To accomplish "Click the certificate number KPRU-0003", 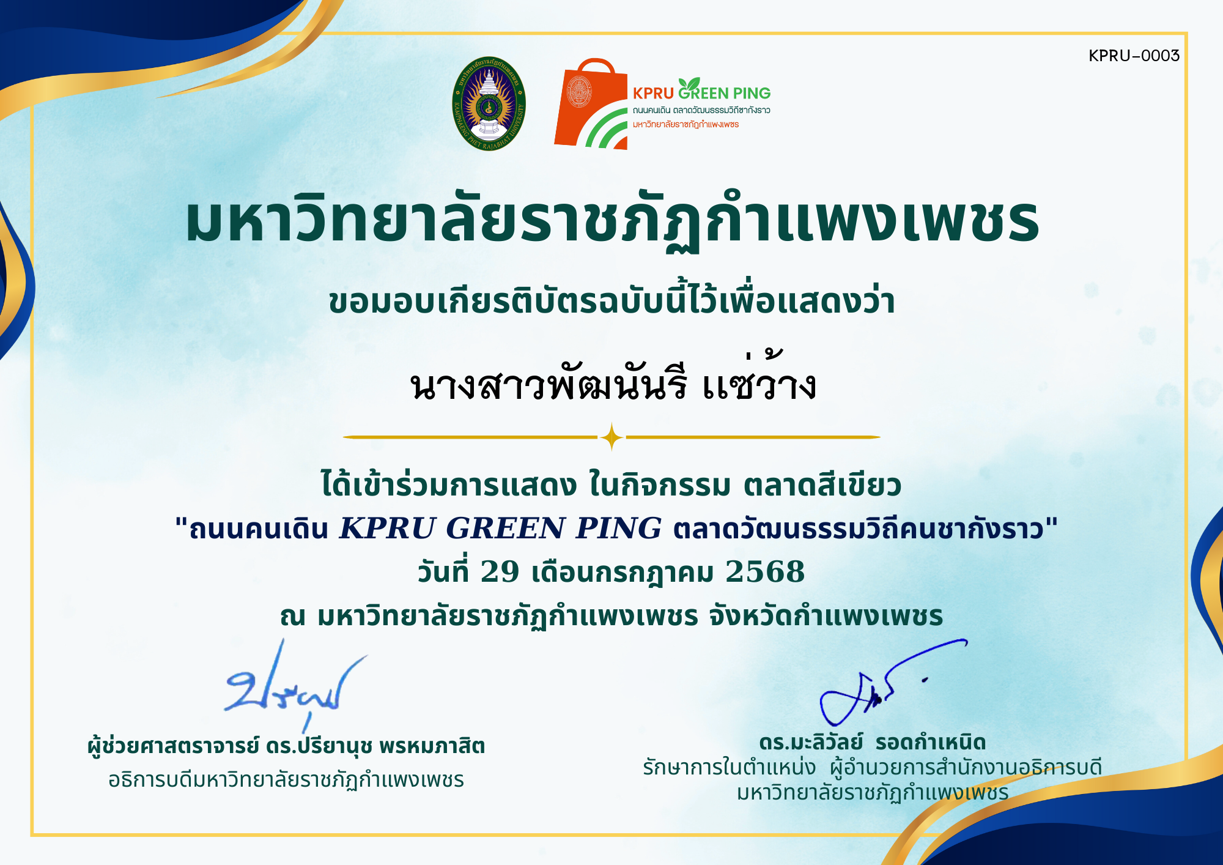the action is (x=1134, y=56).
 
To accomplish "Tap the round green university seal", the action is (x=489, y=103).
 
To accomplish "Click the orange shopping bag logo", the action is (x=591, y=104).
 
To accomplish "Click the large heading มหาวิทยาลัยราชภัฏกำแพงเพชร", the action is (x=612, y=221).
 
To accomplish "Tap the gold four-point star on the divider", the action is (x=611, y=437).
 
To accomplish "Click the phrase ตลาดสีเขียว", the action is (x=822, y=485).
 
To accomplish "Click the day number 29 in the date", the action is (x=500, y=571).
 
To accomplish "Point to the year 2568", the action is (x=765, y=571).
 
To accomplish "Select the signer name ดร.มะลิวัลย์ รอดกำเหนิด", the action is (x=873, y=742).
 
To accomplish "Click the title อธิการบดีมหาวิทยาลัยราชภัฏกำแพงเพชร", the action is (x=286, y=780).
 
